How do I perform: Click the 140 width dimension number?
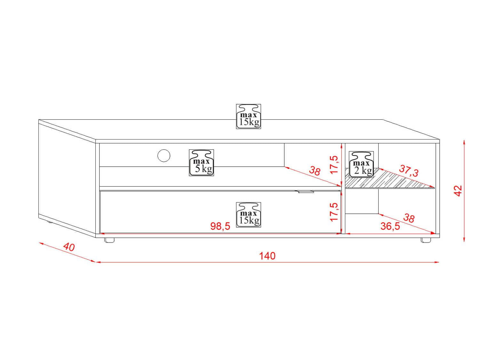[x=267, y=256]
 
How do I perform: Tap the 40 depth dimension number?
[x=69, y=247]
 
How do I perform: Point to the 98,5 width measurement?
[x=220, y=226]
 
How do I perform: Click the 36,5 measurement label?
[x=390, y=226]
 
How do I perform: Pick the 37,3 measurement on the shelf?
[x=409, y=171]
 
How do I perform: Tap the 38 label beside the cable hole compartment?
[x=315, y=171]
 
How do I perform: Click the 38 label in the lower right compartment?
[x=409, y=218]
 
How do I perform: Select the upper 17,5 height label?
[x=334, y=165]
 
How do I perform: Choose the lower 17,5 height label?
[x=334, y=212]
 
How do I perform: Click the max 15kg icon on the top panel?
[x=248, y=116]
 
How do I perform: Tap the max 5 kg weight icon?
[x=201, y=163]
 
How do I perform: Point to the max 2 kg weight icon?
[x=361, y=164]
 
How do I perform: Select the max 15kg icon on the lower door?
[x=248, y=215]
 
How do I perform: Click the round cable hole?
[x=164, y=156]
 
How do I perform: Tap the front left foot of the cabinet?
[x=109, y=240]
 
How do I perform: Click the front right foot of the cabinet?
[x=426, y=240]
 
